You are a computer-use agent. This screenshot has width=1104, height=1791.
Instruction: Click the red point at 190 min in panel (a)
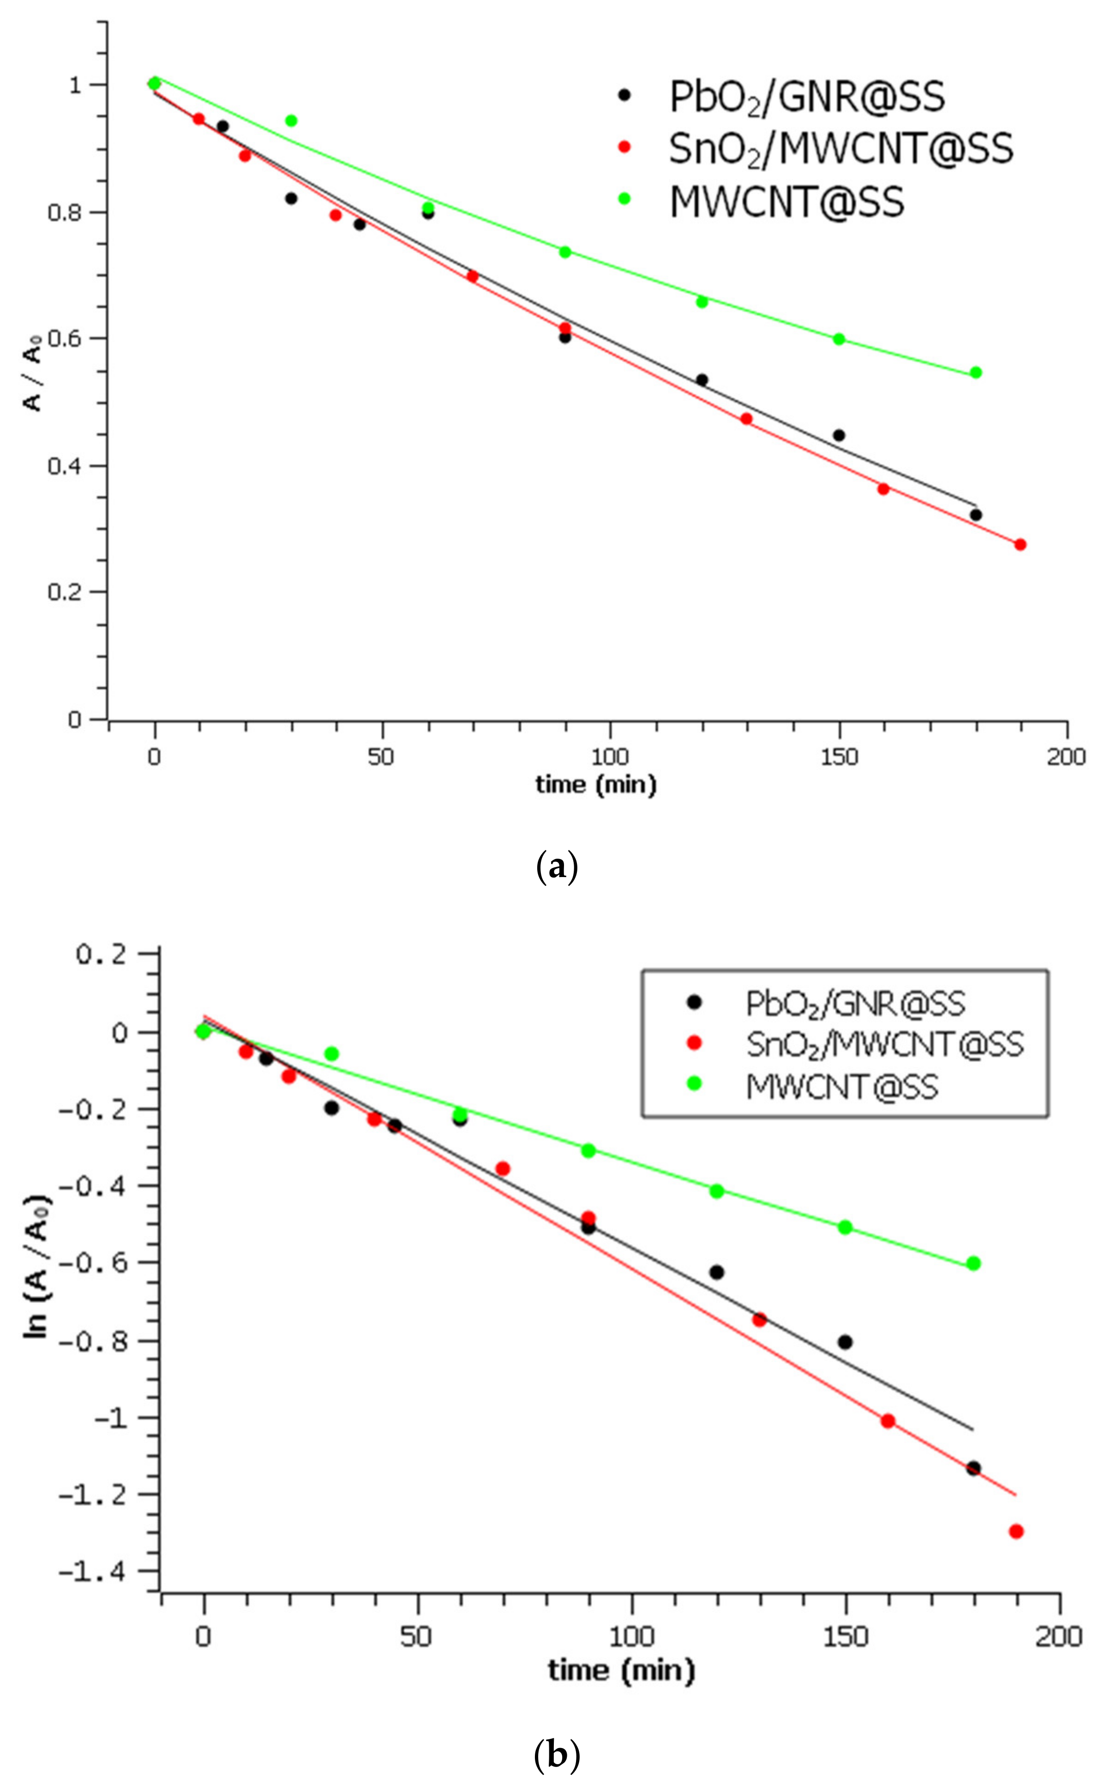(1020, 545)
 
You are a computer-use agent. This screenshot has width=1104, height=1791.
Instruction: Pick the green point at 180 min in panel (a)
(976, 373)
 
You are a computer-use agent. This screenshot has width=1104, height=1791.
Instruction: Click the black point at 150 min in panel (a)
(839, 435)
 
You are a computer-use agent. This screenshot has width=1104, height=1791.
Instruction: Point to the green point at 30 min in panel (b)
(331, 1053)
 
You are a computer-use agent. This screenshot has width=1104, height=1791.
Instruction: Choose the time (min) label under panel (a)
(596, 785)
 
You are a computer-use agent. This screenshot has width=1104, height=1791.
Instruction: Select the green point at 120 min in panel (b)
(717, 1191)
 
